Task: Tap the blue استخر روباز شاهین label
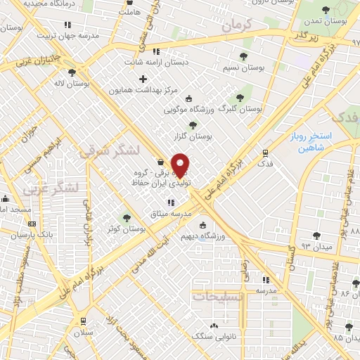[304, 144]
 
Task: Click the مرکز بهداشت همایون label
[144, 91]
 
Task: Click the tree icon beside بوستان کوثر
[127, 218]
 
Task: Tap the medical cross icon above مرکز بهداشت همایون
[143, 79]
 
